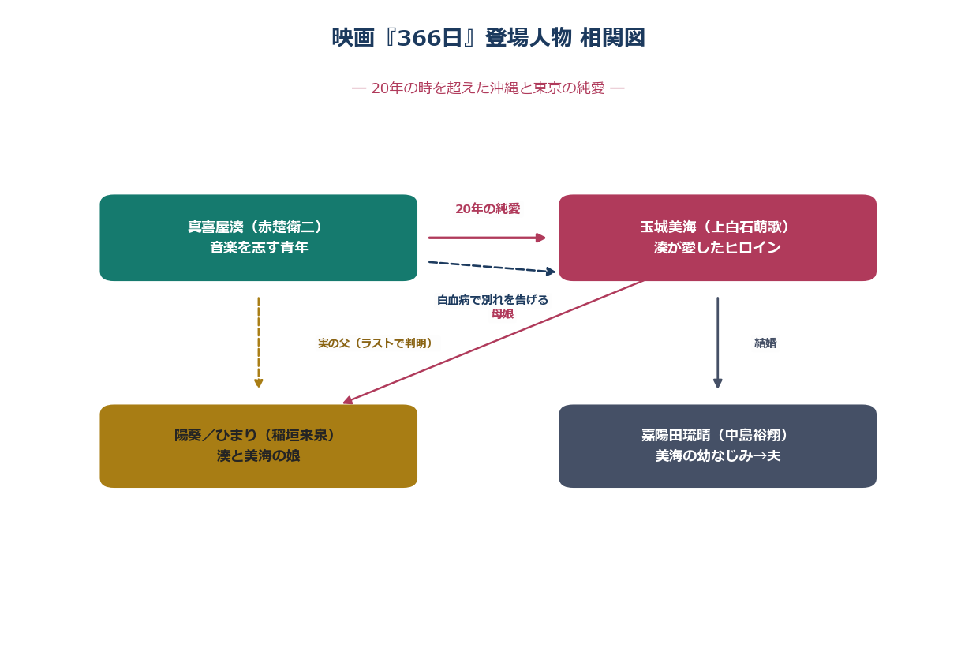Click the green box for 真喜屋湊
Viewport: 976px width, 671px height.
tap(258, 238)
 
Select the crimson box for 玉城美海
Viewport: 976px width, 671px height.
tap(718, 238)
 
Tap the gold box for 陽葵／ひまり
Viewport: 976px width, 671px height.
tap(258, 446)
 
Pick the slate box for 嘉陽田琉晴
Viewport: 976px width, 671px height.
tap(718, 446)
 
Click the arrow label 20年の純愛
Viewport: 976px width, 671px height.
tap(488, 209)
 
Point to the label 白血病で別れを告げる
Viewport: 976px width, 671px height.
tap(492, 300)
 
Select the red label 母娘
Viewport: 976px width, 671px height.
tap(503, 314)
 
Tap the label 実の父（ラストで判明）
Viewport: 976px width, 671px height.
tap(375, 343)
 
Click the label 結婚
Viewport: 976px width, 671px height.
tap(765, 343)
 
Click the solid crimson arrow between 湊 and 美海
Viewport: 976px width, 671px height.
tap(487, 238)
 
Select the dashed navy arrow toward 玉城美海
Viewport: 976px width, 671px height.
tap(492, 267)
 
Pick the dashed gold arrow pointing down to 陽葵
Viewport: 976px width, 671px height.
tap(258, 343)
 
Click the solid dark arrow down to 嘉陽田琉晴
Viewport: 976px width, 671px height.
tap(718, 343)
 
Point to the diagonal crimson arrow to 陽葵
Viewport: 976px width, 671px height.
tap(492, 343)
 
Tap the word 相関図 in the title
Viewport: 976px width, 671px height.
tap(612, 37)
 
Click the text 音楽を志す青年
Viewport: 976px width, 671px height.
tap(259, 248)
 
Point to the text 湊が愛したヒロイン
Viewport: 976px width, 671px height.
tap(717, 248)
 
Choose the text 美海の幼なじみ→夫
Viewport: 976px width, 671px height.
tap(718, 456)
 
